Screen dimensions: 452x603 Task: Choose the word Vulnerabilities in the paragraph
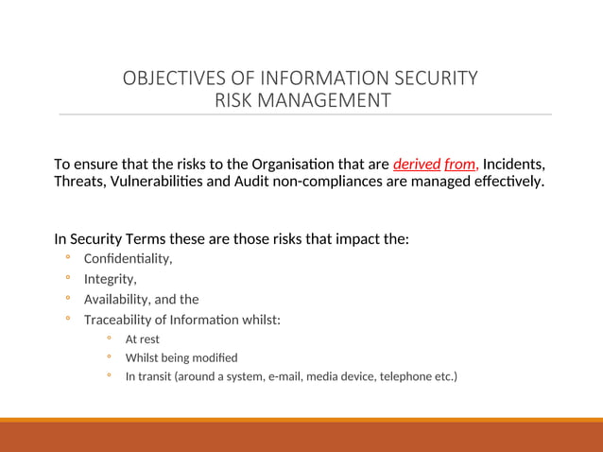click(156, 181)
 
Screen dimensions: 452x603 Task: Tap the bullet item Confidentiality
click(128, 258)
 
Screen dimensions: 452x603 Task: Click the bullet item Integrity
click(110, 279)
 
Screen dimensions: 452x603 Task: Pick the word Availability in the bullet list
click(115, 300)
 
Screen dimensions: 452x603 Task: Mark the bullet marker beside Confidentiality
click(68, 258)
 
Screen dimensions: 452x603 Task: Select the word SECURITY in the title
click(429, 78)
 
